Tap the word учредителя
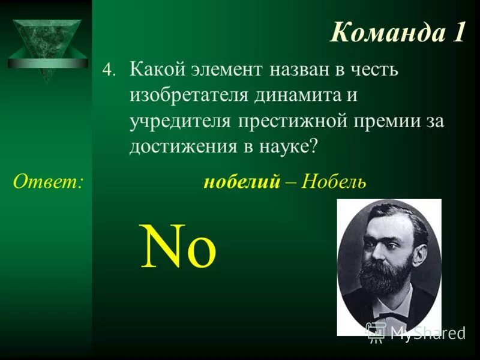point(180,120)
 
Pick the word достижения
point(181,146)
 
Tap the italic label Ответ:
point(48,181)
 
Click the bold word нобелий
point(242,181)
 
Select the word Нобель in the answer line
point(334,181)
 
